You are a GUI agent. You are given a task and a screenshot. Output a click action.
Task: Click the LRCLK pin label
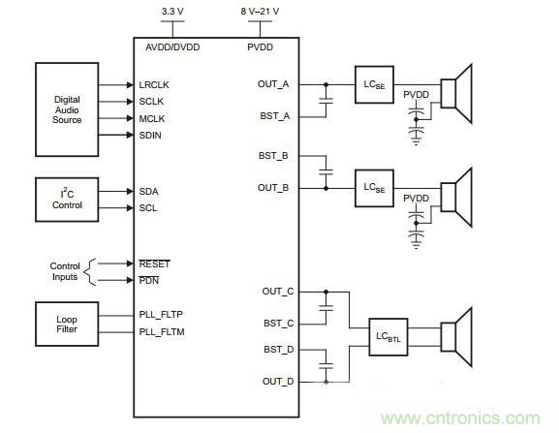pyautogui.click(x=155, y=84)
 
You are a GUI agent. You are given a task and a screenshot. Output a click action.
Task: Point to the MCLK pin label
pyautogui.click(x=154, y=118)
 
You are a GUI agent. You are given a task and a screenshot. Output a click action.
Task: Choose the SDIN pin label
pyautogui.click(x=153, y=135)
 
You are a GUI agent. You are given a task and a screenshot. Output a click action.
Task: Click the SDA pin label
pyautogui.click(x=150, y=191)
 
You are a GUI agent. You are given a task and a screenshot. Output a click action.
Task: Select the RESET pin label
pyautogui.click(x=155, y=263)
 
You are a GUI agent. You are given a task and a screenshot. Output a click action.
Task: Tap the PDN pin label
pyautogui.click(x=149, y=280)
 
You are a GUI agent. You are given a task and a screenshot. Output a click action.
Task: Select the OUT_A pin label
pyautogui.click(x=273, y=83)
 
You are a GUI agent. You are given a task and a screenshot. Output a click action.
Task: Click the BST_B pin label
pyautogui.click(x=274, y=155)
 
